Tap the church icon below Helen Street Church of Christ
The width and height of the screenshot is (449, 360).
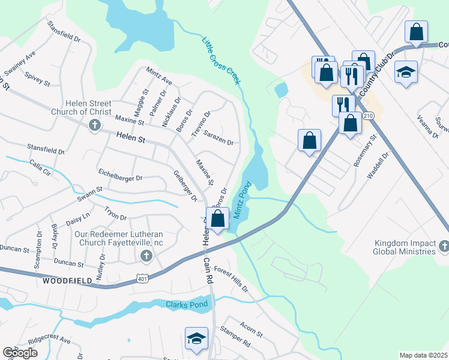pos(94,125)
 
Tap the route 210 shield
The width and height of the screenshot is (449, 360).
pos(369,115)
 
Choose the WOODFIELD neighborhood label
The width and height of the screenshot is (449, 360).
pos(67,280)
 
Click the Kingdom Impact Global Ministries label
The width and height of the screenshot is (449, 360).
pos(405,247)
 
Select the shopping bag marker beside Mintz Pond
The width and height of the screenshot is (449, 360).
pos(217,218)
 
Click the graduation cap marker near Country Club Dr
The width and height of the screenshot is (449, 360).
pos(406,71)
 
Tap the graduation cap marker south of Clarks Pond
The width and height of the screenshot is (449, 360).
pos(196,338)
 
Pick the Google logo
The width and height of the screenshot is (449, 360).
pos(20,352)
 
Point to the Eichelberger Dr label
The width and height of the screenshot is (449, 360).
pos(121,178)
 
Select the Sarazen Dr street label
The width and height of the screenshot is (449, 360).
pos(218,137)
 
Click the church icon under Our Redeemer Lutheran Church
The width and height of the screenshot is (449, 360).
pos(145,256)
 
